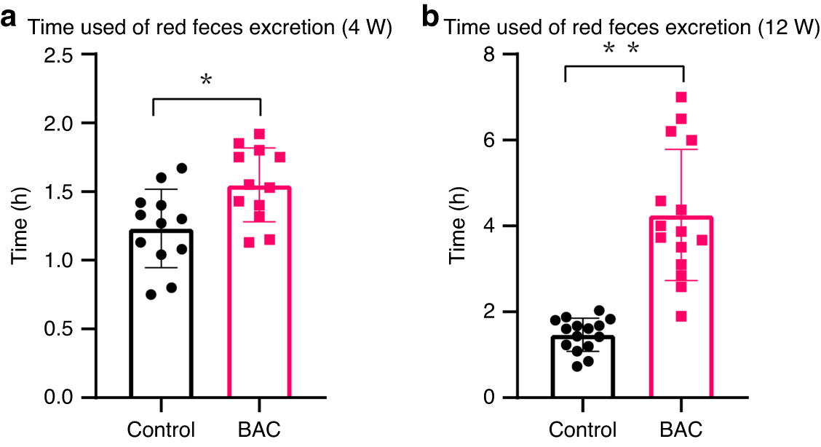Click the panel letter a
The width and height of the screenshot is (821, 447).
pyautogui.click(x=9, y=20)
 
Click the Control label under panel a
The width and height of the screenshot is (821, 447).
pyautogui.click(x=161, y=430)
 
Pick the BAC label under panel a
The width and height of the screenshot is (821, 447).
pyautogui.click(x=260, y=430)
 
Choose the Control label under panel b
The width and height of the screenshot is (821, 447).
pyautogui.click(x=583, y=430)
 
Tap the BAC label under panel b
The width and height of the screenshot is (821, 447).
pyautogui.click(x=682, y=430)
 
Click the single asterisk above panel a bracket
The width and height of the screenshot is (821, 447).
pyautogui.click(x=206, y=80)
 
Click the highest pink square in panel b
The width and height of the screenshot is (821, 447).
pyautogui.click(x=681, y=97)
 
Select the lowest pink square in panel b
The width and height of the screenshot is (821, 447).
pyautogui.click(x=681, y=316)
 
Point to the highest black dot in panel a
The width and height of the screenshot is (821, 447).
pyautogui.click(x=182, y=168)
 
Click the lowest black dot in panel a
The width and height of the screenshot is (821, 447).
pyautogui.click(x=151, y=294)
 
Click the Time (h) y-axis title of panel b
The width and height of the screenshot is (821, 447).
pyautogui.click(x=457, y=226)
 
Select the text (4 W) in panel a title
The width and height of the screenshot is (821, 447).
pyautogui.click(x=367, y=28)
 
